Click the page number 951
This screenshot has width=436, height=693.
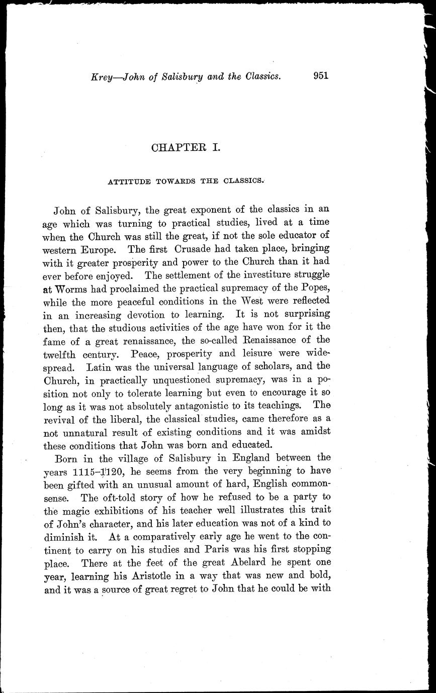320,75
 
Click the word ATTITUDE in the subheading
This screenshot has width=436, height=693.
128,182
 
